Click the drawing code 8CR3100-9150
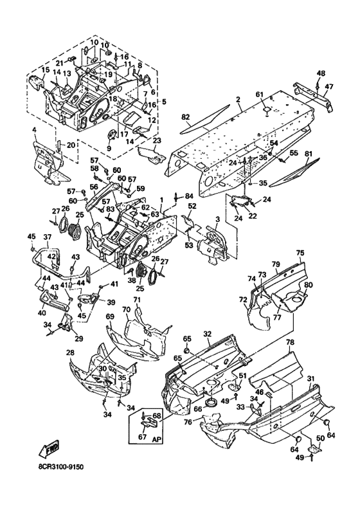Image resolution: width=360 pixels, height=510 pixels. pos(61,467)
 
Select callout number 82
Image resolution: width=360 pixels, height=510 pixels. pos(185,117)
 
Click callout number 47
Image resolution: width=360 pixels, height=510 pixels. pos(328,87)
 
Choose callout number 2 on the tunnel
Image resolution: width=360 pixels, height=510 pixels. pos(238,99)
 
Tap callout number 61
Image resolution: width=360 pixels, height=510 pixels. pos(259,95)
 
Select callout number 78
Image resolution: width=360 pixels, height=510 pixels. pos(290,342)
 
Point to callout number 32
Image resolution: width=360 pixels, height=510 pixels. pos(208,334)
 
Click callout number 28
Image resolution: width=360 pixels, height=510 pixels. pos(70,352)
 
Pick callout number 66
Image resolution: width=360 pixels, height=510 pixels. pos(197,409)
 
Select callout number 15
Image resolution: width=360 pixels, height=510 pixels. pos(45,69)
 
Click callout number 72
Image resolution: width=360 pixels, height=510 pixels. pos(243,299)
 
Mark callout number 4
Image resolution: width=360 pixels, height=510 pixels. pos(34,131)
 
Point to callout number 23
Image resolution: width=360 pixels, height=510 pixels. pos(157,141)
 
